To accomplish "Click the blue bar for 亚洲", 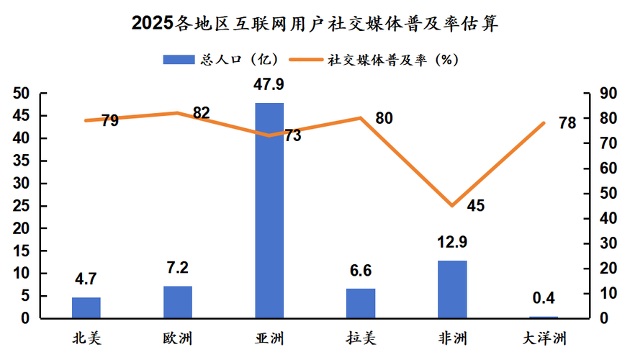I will point(269,210).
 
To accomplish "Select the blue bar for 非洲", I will point(452,289).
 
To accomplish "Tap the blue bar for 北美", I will point(86,307).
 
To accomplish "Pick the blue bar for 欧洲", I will point(178,302).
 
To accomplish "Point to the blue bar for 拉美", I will point(361,303).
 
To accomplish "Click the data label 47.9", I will point(269,86).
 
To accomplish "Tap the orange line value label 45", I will point(476,206).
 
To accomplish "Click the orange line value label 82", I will point(201,114).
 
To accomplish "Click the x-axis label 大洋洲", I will point(544,337).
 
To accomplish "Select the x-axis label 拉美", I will point(361,337).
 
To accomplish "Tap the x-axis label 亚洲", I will point(269,337).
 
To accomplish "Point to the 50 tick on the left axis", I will point(22,94).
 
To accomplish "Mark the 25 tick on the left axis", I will point(22,206).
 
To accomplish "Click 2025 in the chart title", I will point(153,23).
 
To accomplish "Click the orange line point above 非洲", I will point(452,206).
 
